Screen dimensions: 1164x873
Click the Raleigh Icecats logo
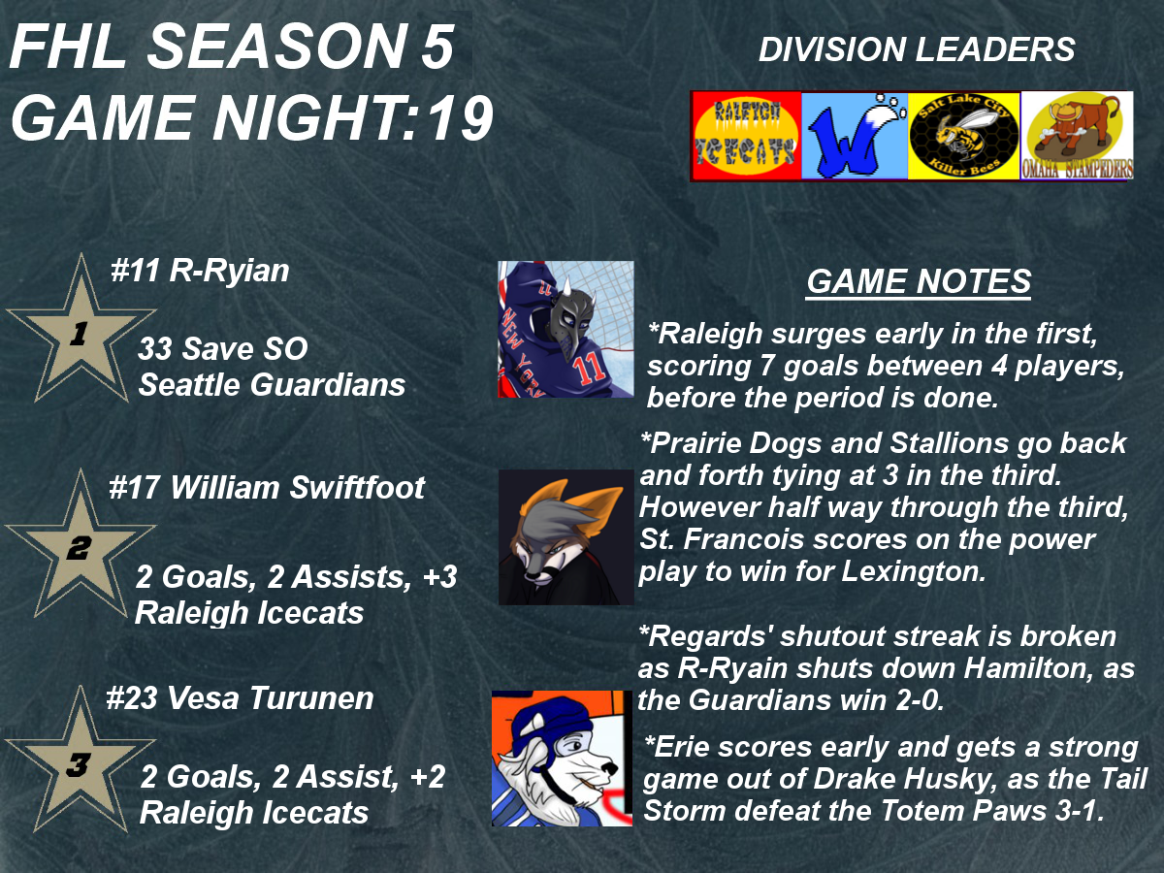[746, 136]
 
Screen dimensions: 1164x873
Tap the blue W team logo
[855, 136]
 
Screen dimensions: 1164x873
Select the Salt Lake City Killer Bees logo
[964, 136]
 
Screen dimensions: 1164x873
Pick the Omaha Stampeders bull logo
[1077, 136]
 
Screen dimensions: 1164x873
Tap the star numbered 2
[81, 545]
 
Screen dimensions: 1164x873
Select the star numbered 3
[81, 760]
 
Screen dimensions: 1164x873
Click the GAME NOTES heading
[919, 281]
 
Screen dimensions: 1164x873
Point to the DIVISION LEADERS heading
[917, 49]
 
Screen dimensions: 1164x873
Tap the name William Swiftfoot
[297, 487]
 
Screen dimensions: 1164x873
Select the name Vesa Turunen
[271, 698]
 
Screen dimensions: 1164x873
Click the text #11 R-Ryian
[200, 271]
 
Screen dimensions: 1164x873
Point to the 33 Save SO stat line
[223, 349]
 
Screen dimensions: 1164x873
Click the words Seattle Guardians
[272, 385]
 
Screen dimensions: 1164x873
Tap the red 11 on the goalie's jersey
[589, 367]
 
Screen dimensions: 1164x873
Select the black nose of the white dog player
[609, 768]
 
